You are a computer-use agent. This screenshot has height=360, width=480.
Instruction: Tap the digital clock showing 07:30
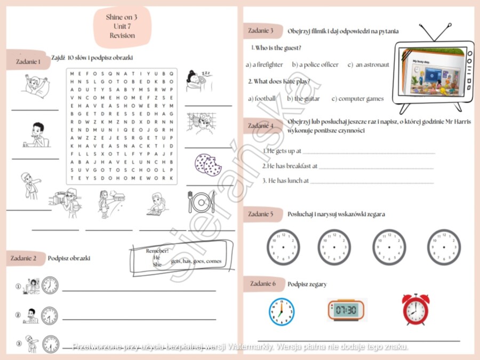point(347,310)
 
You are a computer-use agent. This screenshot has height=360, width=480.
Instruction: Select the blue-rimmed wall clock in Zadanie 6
point(281,311)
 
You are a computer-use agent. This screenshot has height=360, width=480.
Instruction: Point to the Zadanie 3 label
point(261,30)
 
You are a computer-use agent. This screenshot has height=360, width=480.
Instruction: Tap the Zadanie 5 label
point(261,214)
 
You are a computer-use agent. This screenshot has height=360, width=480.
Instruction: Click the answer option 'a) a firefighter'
point(264,65)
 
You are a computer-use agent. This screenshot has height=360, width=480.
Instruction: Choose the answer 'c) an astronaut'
point(368,65)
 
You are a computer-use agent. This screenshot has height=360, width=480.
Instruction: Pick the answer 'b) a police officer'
point(315,65)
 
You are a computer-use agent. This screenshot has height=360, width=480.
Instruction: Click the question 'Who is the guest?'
point(278,48)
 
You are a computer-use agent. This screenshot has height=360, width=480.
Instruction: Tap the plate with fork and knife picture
point(201,202)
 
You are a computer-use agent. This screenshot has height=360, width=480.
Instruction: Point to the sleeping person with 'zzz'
point(198,81)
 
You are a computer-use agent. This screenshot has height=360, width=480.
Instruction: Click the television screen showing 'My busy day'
point(433,74)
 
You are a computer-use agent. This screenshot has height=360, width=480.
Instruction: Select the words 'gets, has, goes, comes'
point(196,261)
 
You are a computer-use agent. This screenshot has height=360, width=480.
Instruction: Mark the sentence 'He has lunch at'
point(285,181)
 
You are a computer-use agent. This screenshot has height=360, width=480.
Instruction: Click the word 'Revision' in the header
point(122,36)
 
